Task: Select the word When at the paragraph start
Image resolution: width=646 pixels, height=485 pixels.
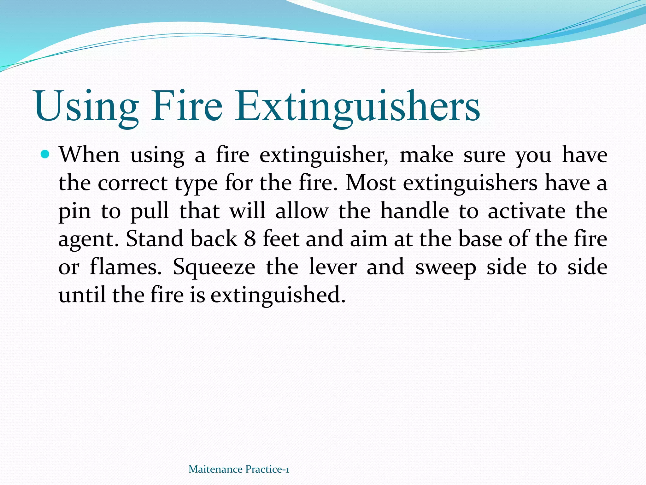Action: pos(90,155)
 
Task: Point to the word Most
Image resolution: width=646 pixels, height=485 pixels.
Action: pos(371,183)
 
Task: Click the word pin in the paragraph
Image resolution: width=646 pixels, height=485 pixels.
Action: pos(74,212)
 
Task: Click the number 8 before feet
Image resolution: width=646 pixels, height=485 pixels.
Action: pos(250,239)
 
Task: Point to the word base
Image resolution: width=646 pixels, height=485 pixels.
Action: pos(480,239)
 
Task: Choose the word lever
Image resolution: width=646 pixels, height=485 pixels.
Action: pos(332,267)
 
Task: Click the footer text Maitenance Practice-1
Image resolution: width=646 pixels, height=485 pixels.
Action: pos(239,469)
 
